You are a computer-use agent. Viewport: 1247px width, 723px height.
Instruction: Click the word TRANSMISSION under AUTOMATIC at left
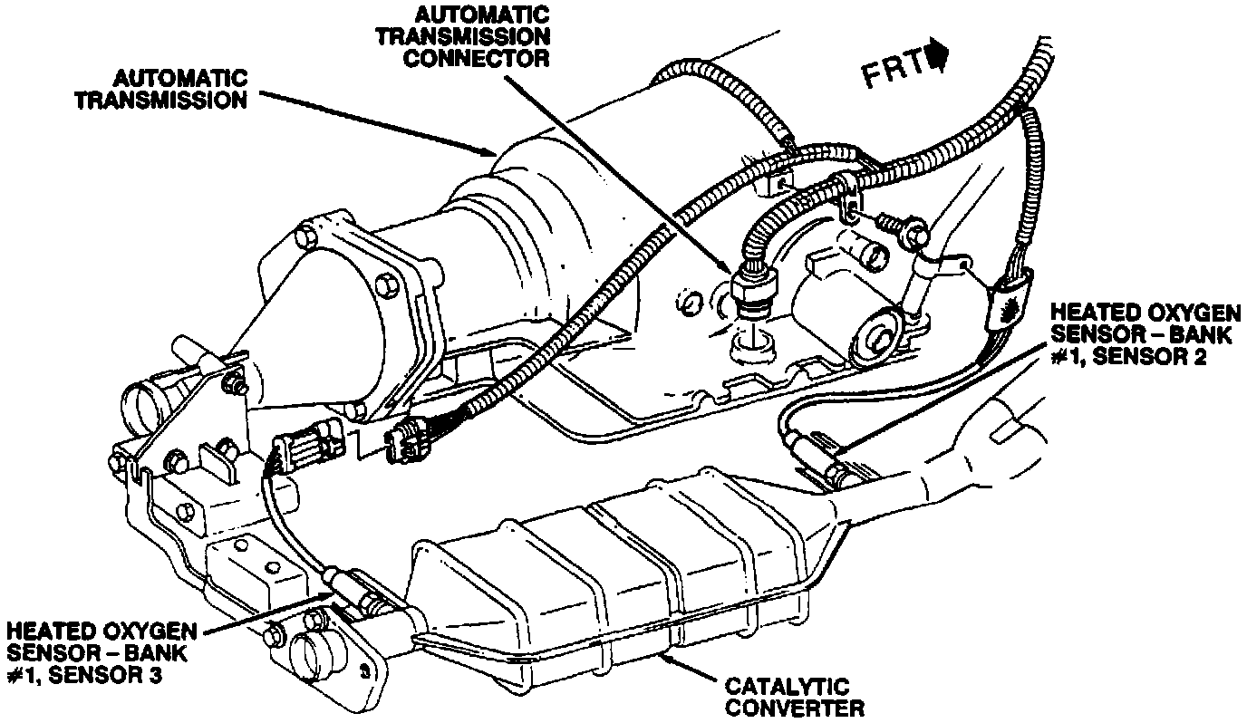tap(160, 100)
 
